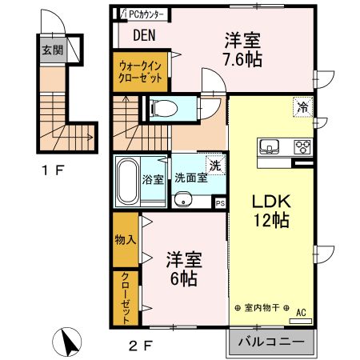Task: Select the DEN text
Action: (144, 35)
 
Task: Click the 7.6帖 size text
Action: (243, 58)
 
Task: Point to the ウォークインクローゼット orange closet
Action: (141, 73)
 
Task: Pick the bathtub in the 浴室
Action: (126, 181)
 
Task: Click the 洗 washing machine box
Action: (215, 166)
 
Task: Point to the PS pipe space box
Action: (221, 204)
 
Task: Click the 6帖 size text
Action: (182, 278)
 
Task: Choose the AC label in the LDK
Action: (301, 312)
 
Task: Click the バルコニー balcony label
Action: (270, 342)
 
